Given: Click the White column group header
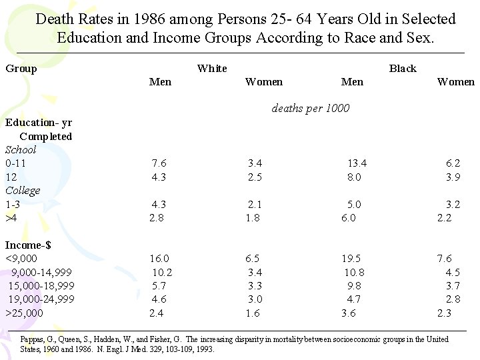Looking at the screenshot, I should (212, 68).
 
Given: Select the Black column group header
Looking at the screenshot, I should (402, 68).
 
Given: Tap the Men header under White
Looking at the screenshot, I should (160, 82).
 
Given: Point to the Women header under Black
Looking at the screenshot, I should (455, 82).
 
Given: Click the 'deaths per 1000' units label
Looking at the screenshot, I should (310, 108).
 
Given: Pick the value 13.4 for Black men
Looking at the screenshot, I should (357, 163).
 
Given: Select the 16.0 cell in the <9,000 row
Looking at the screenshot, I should (159, 259).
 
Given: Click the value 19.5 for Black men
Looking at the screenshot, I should (351, 259).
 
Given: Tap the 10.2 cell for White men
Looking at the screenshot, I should (162, 273).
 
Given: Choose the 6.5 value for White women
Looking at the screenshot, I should (253, 259).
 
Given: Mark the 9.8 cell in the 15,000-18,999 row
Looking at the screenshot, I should (353, 286).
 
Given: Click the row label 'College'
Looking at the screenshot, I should (23, 191).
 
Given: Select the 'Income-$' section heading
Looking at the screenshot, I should (28, 245).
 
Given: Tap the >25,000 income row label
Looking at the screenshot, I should (24, 313).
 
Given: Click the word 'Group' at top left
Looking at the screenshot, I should (21, 68).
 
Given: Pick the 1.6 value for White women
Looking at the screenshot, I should (253, 313).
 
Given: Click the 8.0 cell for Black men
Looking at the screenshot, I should (353, 177).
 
